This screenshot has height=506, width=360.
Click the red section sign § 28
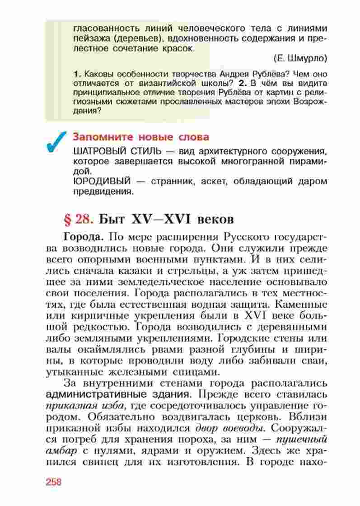point(79,220)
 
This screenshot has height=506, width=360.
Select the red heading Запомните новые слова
point(141,137)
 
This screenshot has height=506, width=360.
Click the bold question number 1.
point(76,74)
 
